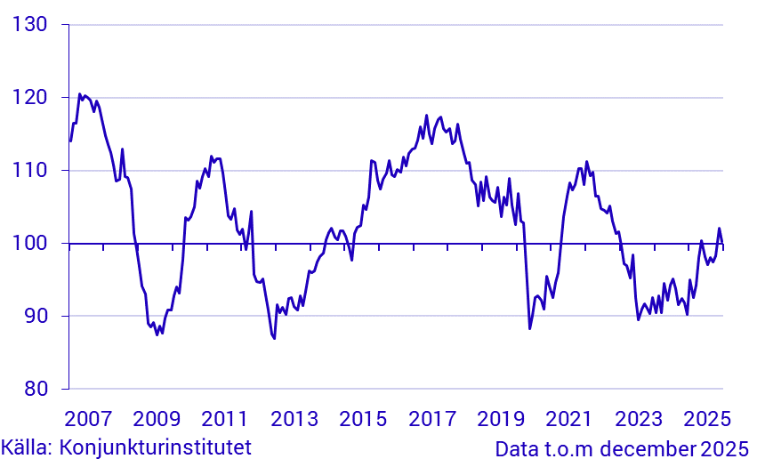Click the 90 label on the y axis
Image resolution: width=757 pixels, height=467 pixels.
pyautogui.click(x=36, y=316)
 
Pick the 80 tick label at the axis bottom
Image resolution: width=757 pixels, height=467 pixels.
pyautogui.click(x=36, y=389)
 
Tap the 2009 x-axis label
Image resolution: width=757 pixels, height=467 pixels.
pyautogui.click(x=156, y=419)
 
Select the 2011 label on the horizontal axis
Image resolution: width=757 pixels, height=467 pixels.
pyautogui.click(x=225, y=419)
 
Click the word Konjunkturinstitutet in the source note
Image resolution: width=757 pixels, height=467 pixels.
pyautogui.click(x=155, y=447)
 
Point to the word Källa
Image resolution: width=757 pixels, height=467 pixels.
pyautogui.click(x=27, y=447)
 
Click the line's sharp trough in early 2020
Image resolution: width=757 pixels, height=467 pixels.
pyautogui.click(x=530, y=329)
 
